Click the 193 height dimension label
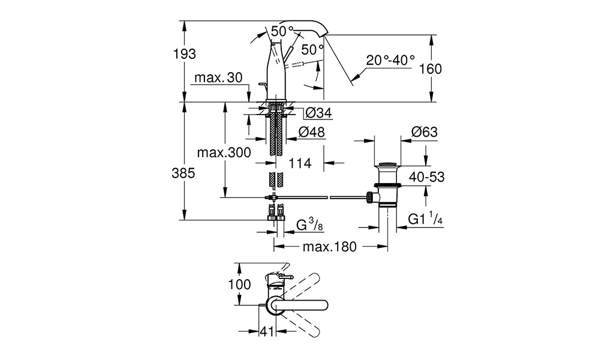(x=185, y=54)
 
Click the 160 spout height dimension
(x=431, y=69)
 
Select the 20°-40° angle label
(x=390, y=60)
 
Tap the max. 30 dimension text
(x=218, y=77)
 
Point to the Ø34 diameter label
(x=318, y=113)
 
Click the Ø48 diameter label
(x=311, y=132)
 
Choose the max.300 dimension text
(x=224, y=152)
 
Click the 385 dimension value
(x=183, y=173)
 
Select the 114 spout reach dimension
(x=300, y=163)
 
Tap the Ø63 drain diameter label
(x=424, y=132)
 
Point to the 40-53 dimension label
(x=426, y=177)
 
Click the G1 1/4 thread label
(x=425, y=220)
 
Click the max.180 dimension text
(x=329, y=247)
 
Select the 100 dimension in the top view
(x=240, y=284)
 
